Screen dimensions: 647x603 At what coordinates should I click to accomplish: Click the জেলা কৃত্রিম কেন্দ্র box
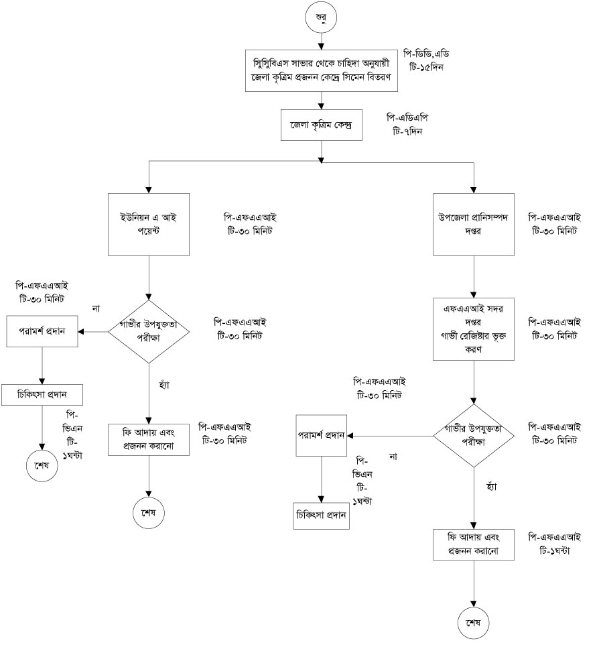(x=321, y=125)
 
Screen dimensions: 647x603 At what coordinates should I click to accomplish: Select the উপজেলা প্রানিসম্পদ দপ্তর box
(x=474, y=224)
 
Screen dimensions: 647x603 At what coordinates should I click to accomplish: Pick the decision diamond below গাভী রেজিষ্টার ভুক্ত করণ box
(x=474, y=436)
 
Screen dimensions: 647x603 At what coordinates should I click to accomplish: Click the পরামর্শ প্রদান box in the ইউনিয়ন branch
(x=42, y=332)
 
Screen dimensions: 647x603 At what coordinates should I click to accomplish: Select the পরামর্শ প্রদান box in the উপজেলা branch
(x=322, y=436)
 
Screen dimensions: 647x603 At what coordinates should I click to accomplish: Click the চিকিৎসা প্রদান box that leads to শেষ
(x=42, y=394)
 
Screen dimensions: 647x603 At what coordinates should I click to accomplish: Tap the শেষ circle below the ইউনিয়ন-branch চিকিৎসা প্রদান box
(x=42, y=465)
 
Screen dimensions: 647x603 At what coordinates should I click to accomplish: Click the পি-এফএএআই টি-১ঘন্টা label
(x=554, y=543)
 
